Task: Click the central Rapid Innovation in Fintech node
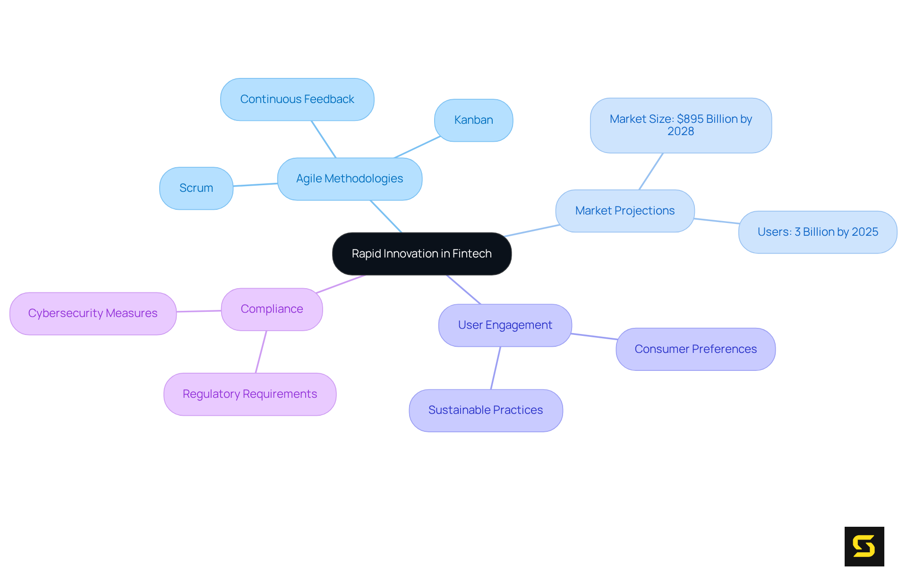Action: click(x=421, y=254)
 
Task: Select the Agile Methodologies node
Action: click(x=350, y=179)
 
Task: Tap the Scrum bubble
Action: click(x=196, y=188)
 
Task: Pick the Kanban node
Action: click(x=473, y=120)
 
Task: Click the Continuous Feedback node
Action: click(x=297, y=99)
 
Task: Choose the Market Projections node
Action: click(x=625, y=211)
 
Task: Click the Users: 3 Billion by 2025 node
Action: click(x=817, y=232)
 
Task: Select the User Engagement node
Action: click(x=505, y=325)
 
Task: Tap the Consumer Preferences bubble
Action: click(x=695, y=349)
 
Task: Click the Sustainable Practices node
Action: click(x=486, y=410)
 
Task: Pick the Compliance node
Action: click(x=272, y=309)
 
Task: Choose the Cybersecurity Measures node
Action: click(x=93, y=313)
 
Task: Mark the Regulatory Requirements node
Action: click(x=249, y=394)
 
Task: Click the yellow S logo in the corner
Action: click(x=864, y=546)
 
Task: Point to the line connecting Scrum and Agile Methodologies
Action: click(x=255, y=185)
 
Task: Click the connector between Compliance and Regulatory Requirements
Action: click(x=261, y=352)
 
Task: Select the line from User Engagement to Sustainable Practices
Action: click(x=496, y=368)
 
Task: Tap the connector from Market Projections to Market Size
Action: click(x=651, y=171)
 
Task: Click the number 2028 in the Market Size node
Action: click(x=680, y=131)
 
